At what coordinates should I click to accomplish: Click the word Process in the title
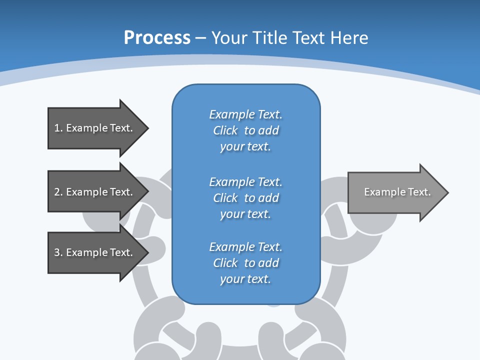coord(157,38)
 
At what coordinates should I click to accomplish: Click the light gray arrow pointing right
coord(395,192)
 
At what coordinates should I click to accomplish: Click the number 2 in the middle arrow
coord(57,192)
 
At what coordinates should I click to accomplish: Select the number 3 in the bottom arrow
coord(57,252)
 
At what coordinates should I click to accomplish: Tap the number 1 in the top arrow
coord(57,128)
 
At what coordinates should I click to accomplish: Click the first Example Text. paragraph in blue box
coord(245,130)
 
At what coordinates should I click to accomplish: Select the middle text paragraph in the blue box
coord(245,198)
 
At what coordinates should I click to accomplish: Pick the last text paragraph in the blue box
coord(245,263)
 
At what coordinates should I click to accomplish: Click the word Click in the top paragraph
coord(225,130)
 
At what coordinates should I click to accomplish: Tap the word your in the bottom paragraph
coord(230,279)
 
